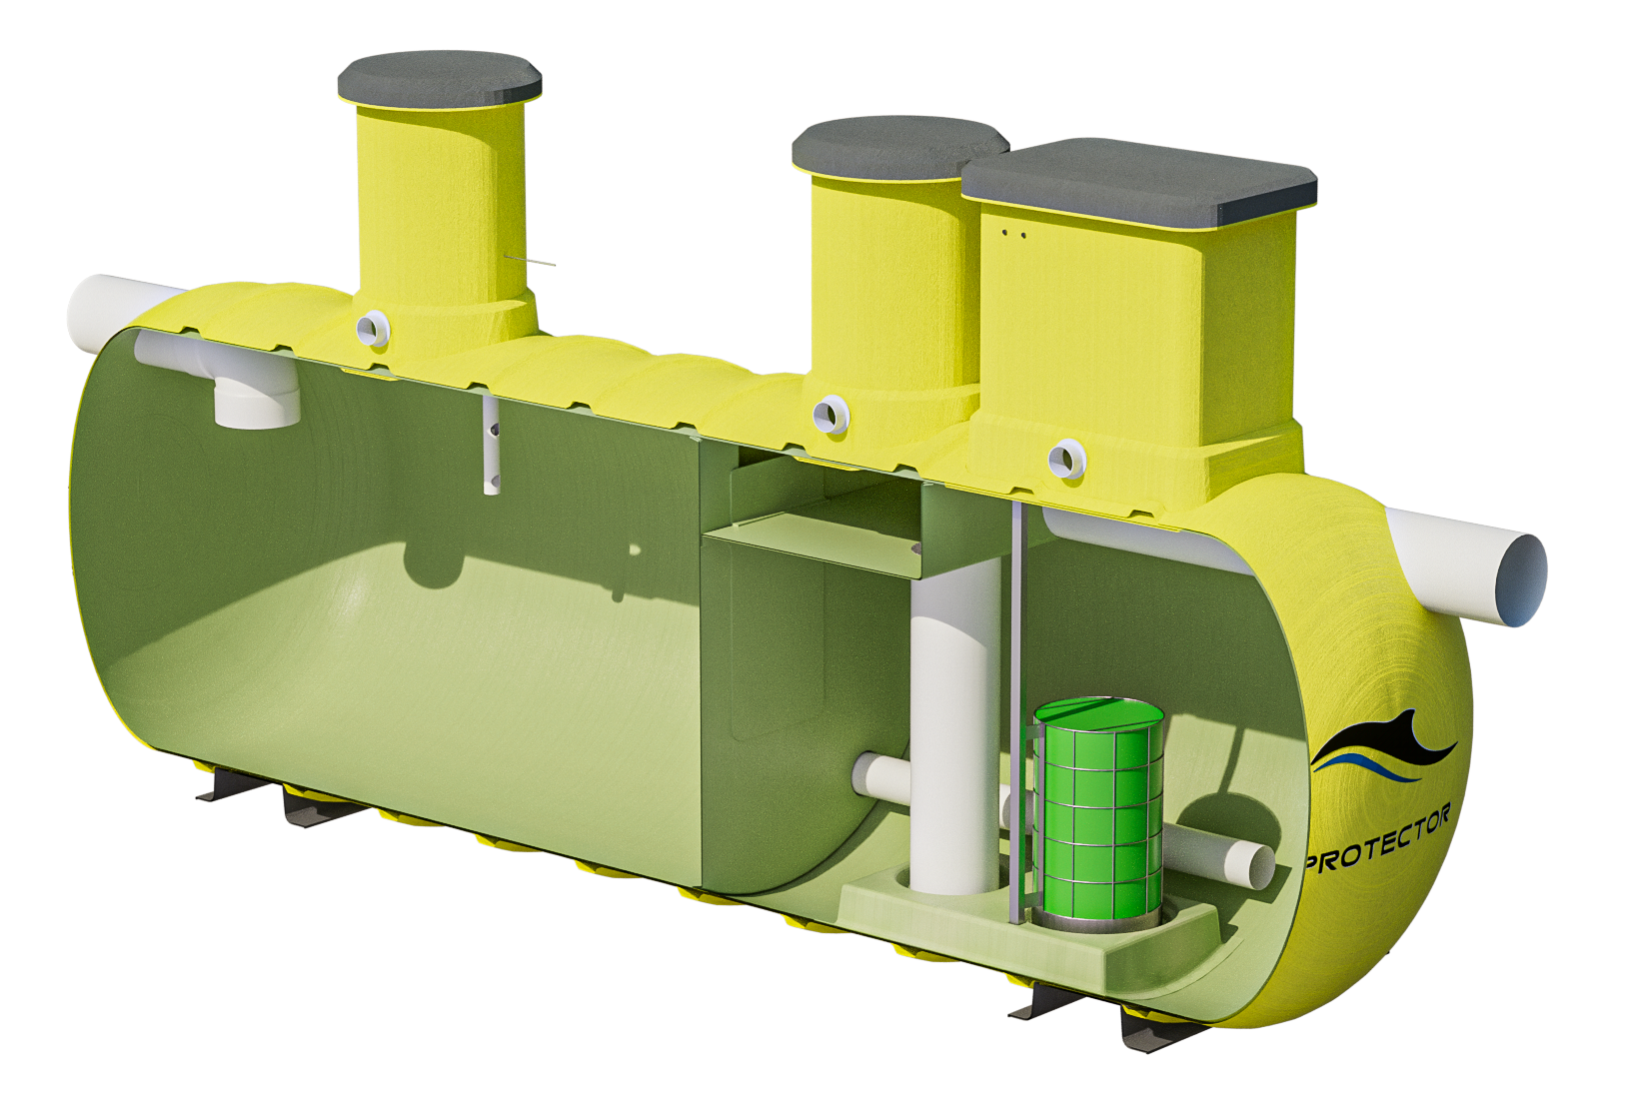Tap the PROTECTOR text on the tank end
click(1377, 841)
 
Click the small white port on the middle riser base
click(831, 415)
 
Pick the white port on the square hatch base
click(1066, 459)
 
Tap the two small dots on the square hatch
click(1013, 235)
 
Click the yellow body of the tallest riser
click(440, 200)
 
